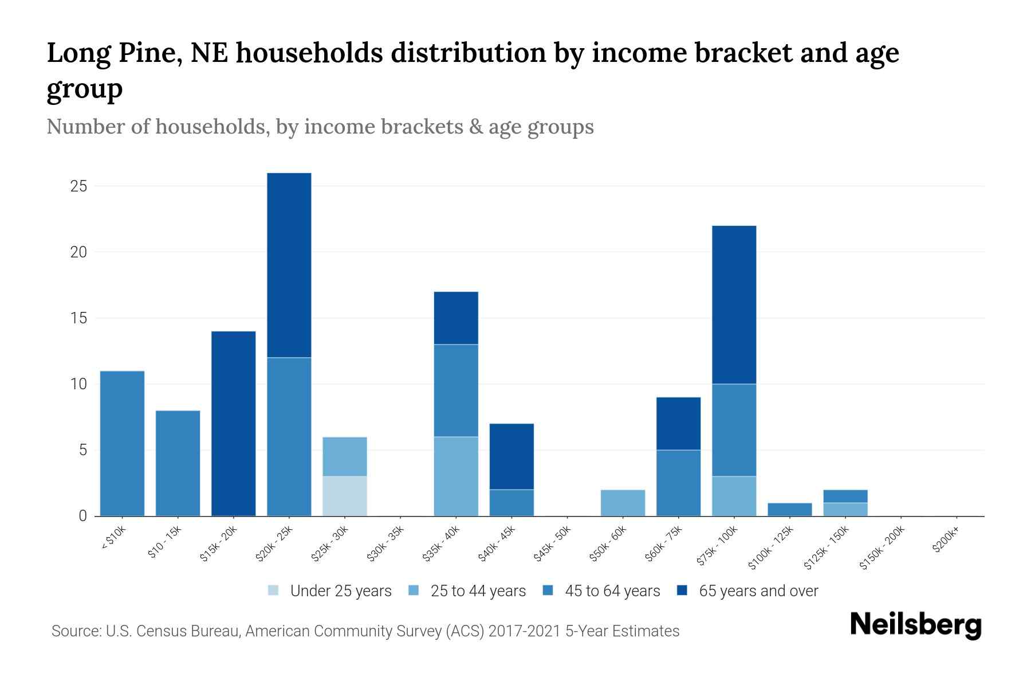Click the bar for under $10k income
pos(122,443)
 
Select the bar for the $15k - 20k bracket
pos(233,423)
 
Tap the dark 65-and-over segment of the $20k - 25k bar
pos(289,265)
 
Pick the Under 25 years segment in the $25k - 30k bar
pos(344,496)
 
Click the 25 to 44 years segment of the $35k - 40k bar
pos(456,476)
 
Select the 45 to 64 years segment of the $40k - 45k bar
pos(511,502)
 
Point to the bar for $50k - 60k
pos(623,502)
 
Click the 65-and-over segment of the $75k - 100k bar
pos(734,304)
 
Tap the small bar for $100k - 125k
pos(789,509)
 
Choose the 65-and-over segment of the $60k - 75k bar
pos(678,423)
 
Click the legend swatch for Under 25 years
pos(274,591)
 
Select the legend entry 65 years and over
pos(758,591)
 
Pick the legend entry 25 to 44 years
pos(478,591)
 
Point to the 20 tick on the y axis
pos(78,252)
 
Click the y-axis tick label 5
pos(82,450)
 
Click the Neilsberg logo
pos(915,624)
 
